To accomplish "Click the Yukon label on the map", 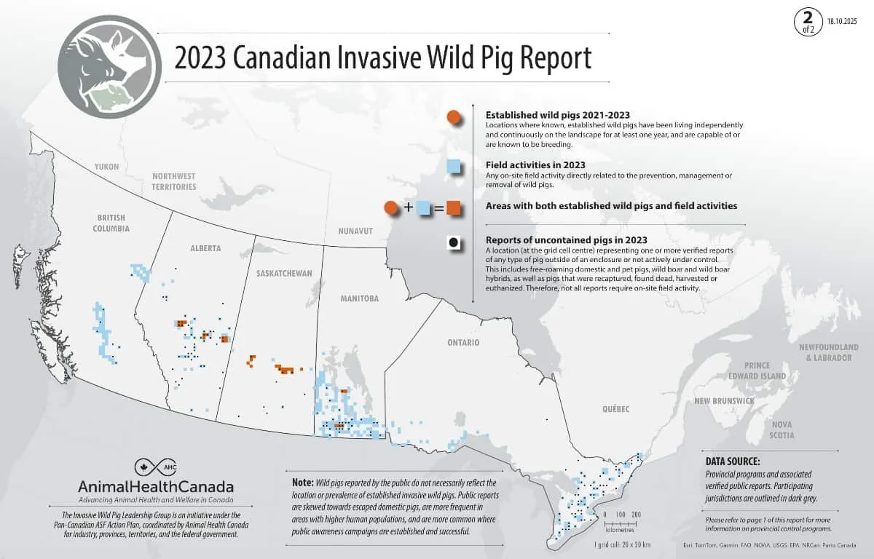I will pyautogui.click(x=106, y=167).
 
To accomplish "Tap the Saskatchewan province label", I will pyautogui.click(x=284, y=273).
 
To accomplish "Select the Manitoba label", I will pyautogui.click(x=359, y=298).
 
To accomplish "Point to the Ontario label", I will pyautogui.click(x=463, y=341).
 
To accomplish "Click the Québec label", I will pyautogui.click(x=615, y=409).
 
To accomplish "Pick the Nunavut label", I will pyautogui.click(x=355, y=231).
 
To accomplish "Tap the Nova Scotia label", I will pyautogui.click(x=782, y=429).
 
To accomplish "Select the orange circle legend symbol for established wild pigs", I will pyautogui.click(x=454, y=117).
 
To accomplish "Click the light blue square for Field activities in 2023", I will pyautogui.click(x=454, y=167).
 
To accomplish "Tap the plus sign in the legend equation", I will pyautogui.click(x=409, y=208).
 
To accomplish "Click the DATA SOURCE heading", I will pyautogui.click(x=733, y=461).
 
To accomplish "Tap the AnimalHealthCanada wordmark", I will pyautogui.click(x=156, y=486).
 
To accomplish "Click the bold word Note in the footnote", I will pyautogui.click(x=302, y=483).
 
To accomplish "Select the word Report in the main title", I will pyautogui.click(x=552, y=58).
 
